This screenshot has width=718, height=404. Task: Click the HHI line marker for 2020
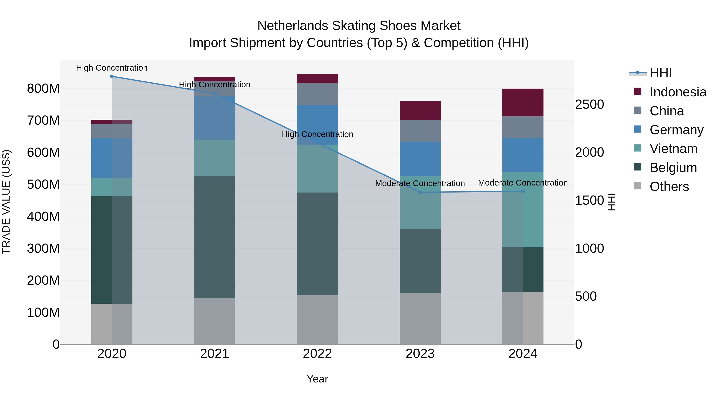[x=112, y=76]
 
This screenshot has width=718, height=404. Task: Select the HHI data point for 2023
[x=420, y=192]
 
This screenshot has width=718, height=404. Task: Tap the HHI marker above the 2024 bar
[x=523, y=191]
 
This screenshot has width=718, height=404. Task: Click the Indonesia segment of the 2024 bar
[x=523, y=102]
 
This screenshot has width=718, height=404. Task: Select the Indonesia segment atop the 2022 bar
[x=317, y=79]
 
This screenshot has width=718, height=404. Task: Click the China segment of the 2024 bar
[x=523, y=127]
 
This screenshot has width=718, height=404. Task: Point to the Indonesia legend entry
[x=678, y=92]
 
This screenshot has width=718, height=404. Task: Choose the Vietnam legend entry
[x=673, y=149]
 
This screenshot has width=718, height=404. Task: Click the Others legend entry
[x=669, y=187]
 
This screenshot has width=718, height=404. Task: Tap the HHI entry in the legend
[x=661, y=73]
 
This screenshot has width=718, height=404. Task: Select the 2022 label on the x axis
[x=317, y=354]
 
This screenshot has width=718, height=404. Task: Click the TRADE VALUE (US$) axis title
[x=6, y=202]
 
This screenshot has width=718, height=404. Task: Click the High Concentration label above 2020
[x=112, y=68]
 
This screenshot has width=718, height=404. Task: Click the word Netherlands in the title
[x=292, y=26]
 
